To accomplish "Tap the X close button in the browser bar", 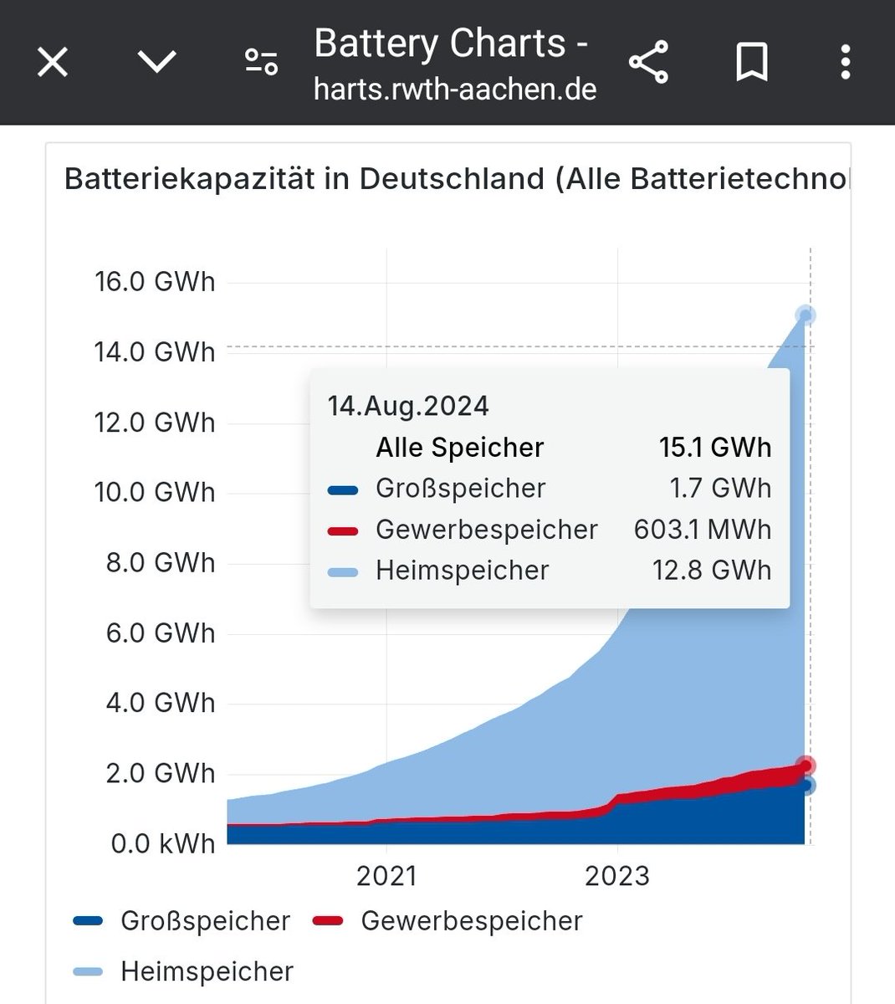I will tap(53, 62).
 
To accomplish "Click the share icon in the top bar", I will tap(648, 62).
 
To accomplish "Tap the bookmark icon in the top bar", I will tap(751, 62).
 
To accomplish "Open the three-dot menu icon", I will tap(846, 62).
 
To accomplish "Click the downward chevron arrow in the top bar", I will tap(156, 62).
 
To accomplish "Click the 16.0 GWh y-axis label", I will tap(155, 281).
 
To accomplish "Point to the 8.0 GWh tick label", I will tap(160, 562).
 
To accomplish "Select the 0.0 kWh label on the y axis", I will tap(163, 843).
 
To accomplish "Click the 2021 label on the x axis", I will tap(386, 875).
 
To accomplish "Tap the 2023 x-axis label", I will tap(617, 875).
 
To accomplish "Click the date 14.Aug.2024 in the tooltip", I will tap(408, 406).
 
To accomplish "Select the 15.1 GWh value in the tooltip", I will tap(715, 448).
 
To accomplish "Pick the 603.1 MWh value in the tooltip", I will tap(703, 530).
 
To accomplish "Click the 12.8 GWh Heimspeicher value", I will tap(712, 571).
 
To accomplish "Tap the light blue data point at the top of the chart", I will tap(805, 315).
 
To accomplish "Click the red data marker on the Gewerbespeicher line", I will tap(805, 766).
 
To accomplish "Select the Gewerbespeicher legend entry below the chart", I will tap(471, 920).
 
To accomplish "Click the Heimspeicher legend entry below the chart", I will tap(207, 971).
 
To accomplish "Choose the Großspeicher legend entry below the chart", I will tap(205, 920).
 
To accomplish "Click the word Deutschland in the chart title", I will tap(452, 179).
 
